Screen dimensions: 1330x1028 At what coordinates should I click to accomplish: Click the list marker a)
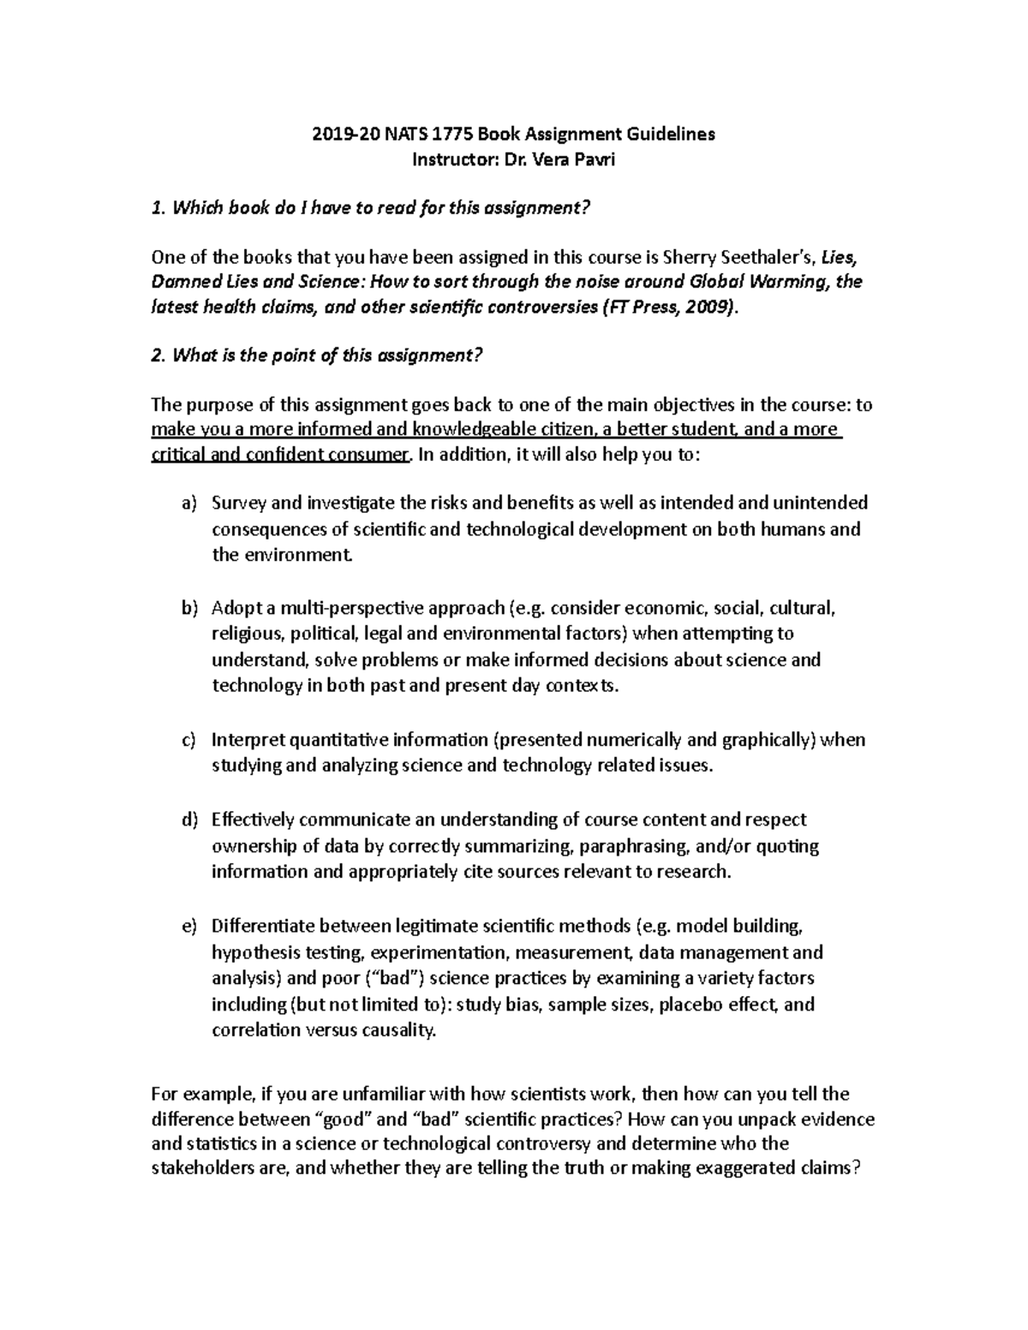tap(188, 503)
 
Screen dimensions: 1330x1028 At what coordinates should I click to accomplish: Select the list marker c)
tap(188, 740)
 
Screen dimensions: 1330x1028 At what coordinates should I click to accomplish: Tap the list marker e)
tap(188, 926)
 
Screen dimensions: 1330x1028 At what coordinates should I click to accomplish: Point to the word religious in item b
tap(247, 635)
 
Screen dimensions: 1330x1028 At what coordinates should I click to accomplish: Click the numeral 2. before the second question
tap(157, 356)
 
